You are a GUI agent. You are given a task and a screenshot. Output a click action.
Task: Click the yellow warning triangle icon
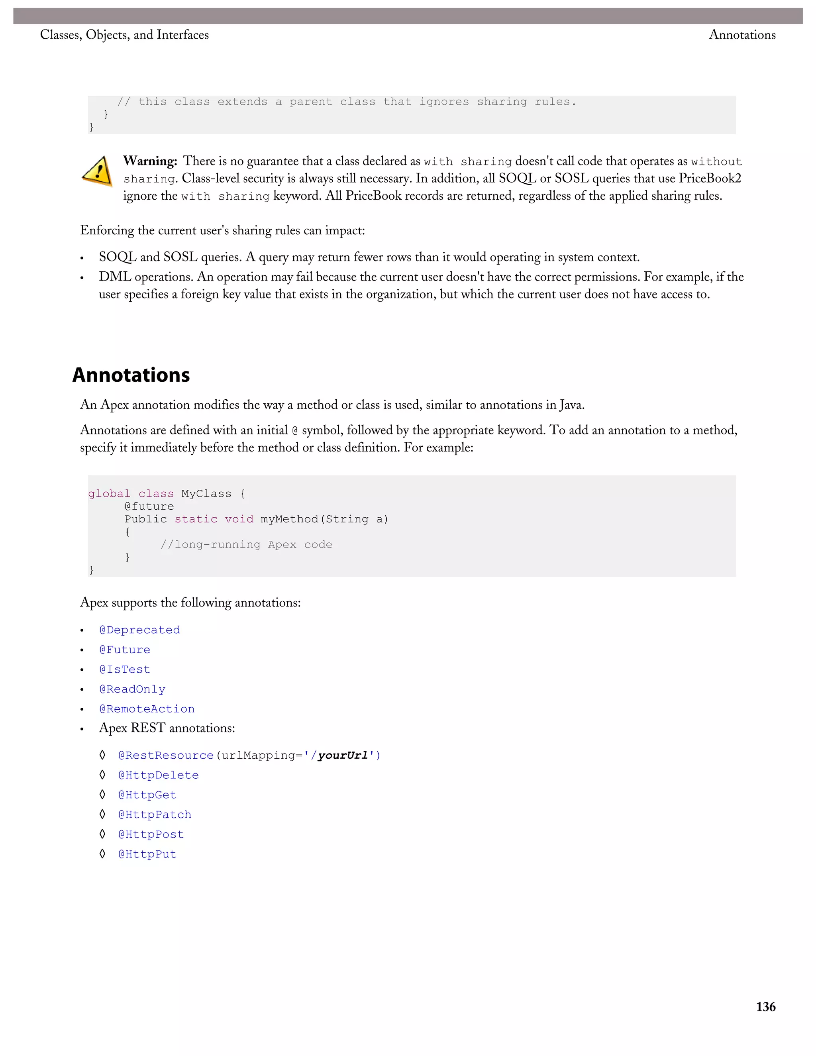(98, 172)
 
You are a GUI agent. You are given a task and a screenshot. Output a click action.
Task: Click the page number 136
(765, 1007)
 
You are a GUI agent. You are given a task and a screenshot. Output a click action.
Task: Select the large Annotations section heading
(131, 375)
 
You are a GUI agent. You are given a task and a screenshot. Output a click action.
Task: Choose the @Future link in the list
(125, 650)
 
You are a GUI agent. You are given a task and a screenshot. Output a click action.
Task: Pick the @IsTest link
(125, 670)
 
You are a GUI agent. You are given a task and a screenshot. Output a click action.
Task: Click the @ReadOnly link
(132, 689)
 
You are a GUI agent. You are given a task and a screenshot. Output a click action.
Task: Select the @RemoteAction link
(147, 709)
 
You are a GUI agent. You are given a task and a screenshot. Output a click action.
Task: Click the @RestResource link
(166, 756)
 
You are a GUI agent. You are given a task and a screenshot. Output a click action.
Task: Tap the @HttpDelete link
(159, 775)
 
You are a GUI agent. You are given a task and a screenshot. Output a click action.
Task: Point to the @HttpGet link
(147, 795)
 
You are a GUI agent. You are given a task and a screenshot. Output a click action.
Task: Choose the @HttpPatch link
(155, 815)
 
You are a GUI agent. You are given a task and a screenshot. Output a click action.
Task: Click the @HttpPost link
(151, 835)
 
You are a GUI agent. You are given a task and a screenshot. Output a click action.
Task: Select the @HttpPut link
(147, 855)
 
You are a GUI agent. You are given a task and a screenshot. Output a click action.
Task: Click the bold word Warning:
(150, 161)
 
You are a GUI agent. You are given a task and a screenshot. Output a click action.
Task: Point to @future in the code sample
(149, 506)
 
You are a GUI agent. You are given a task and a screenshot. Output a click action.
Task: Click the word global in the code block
(109, 494)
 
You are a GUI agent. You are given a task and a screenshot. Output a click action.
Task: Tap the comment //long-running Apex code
(246, 544)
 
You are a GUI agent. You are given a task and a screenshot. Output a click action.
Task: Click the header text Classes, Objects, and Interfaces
(124, 35)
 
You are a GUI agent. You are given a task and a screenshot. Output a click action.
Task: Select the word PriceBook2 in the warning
(710, 179)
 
